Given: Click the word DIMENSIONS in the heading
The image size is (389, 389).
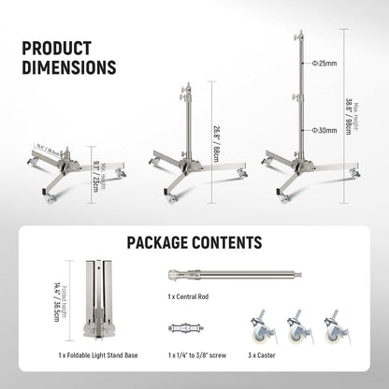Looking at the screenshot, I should click(69, 68).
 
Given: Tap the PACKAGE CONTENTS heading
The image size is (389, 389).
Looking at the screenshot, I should click(194, 242).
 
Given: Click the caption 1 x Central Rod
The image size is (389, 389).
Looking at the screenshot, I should click(192, 295).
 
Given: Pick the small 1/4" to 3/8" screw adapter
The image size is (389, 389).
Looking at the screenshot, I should click(186, 329).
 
